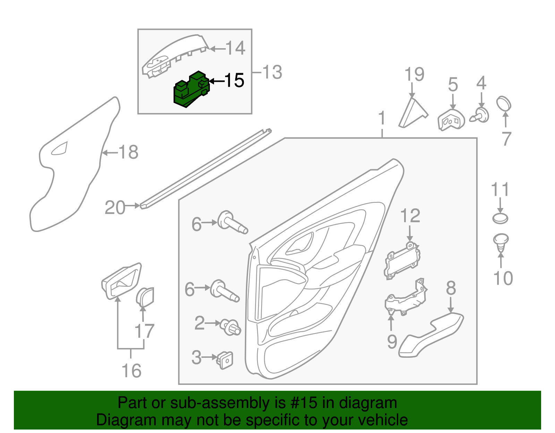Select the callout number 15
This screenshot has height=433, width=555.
[234, 80]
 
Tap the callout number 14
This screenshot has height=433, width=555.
[236, 48]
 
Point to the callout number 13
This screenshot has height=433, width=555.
[272, 72]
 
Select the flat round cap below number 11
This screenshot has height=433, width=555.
[500, 218]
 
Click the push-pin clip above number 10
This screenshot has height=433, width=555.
[500, 242]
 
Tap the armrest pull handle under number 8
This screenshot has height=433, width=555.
[430, 335]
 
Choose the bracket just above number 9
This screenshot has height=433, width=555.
[406, 298]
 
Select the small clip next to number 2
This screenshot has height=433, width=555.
[231, 327]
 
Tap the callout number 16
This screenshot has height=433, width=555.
[131, 371]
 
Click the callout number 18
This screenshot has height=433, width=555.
[128, 152]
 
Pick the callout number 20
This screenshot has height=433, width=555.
[115, 208]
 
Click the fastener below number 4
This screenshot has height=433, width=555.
[480, 115]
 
